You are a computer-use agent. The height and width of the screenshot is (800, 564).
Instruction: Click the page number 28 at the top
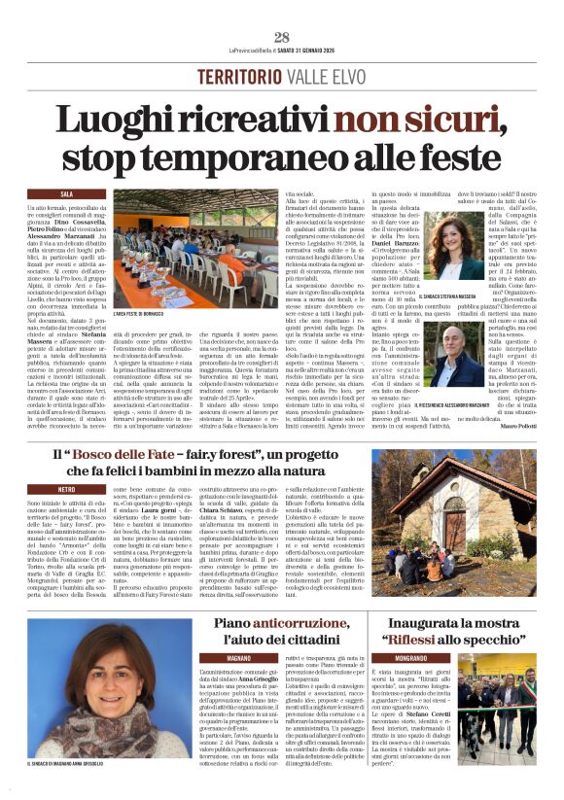(x=282, y=38)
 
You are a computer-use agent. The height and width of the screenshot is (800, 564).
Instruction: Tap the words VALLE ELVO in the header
(x=323, y=76)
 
